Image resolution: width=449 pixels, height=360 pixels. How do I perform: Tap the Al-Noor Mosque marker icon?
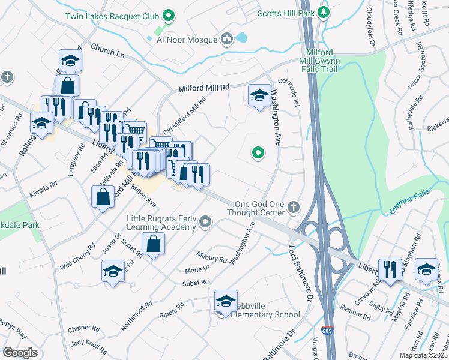(228, 40)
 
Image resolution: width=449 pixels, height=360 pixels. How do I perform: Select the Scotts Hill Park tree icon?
(324, 12)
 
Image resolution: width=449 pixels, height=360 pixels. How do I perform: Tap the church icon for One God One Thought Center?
(294, 207)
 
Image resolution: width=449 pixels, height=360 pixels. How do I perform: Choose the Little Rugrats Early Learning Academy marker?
(206, 223)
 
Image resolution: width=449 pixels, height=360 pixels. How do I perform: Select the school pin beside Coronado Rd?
(259, 95)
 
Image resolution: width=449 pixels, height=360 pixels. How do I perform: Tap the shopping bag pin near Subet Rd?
(154, 244)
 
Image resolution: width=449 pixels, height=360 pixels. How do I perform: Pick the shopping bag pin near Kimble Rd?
(103, 196)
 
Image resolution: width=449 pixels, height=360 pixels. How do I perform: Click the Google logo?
(20, 353)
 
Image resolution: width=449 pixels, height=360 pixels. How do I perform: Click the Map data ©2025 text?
(423, 355)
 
